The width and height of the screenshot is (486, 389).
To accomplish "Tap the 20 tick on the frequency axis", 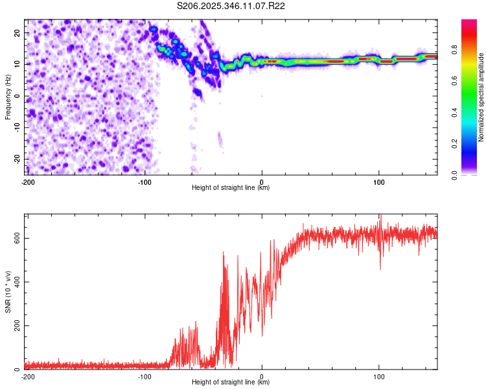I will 18,32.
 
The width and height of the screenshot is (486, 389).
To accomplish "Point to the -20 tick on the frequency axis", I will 17,159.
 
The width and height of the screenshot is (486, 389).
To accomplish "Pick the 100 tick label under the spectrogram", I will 379,181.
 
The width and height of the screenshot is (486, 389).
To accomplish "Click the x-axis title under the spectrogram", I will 231,188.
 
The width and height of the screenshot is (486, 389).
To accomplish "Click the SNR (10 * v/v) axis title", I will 8,292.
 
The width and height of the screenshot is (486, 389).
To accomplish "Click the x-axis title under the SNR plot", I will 231,383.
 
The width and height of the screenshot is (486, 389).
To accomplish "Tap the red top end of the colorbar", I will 469,23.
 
